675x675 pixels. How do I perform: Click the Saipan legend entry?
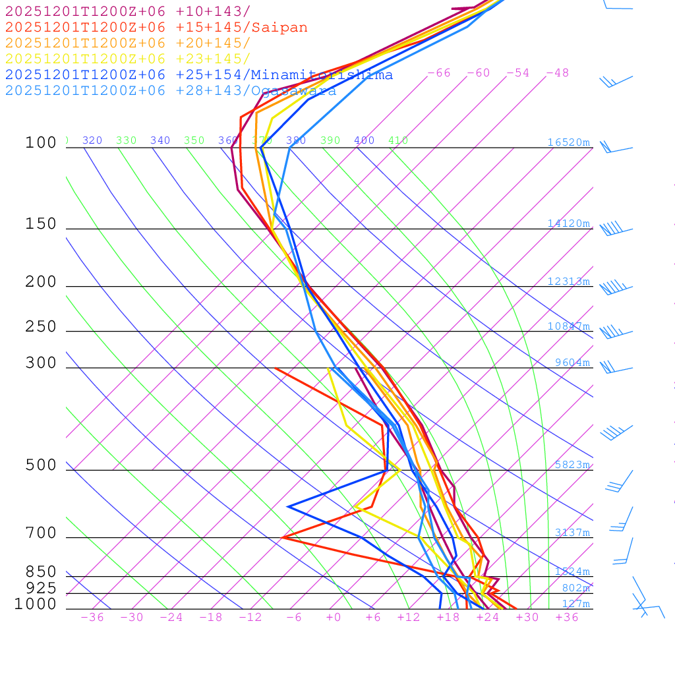pos(156,28)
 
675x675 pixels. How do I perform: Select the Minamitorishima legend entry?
pos(199,75)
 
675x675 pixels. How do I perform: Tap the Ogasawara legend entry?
pos(171,91)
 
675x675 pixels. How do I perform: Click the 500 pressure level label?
pos(42,465)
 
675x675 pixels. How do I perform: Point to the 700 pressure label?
pos(42,533)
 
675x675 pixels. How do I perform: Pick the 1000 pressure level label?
pos(36,604)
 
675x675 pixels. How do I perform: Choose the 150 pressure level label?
pos(42,224)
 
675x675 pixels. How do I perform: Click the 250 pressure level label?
pos(42,327)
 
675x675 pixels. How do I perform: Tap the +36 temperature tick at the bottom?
pos(567,618)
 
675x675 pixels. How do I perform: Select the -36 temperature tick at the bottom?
pos(92,618)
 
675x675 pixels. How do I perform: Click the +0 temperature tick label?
pos(334,618)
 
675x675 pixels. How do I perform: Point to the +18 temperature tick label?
pos(448,618)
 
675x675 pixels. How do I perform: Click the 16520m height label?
pos(568,142)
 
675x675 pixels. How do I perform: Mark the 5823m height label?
pos(572,465)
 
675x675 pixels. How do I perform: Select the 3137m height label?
pos(572,533)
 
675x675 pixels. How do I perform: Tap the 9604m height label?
pos(572,363)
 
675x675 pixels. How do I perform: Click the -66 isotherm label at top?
pos(439,73)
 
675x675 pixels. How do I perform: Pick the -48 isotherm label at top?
pos(558,73)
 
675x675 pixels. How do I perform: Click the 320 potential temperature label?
pos(92,140)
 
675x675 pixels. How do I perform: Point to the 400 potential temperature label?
pos(364,140)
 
